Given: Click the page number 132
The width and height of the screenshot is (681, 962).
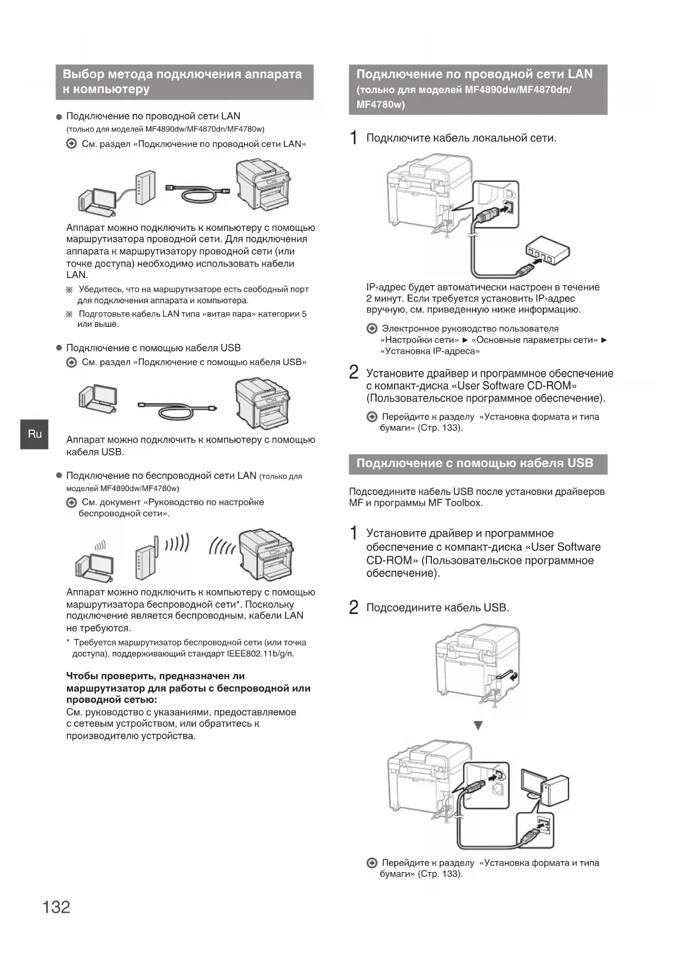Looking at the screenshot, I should click(57, 907).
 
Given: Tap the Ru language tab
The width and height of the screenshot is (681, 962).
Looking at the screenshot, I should click(35, 434).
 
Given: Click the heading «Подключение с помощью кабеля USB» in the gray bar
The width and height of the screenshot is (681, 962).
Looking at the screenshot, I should click(475, 463).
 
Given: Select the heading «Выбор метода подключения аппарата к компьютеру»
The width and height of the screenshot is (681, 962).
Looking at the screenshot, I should click(183, 82).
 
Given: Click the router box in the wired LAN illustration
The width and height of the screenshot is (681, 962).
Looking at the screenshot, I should click(145, 188).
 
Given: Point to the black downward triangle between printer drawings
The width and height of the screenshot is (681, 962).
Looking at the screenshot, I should click(478, 726).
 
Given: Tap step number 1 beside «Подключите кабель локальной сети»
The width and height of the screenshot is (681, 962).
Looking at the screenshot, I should click(354, 138).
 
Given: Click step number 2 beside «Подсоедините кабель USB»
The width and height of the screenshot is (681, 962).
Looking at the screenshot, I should click(354, 607).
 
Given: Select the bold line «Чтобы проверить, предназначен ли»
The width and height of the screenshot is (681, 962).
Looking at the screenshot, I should click(155, 676).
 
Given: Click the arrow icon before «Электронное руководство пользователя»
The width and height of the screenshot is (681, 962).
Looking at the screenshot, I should click(372, 329).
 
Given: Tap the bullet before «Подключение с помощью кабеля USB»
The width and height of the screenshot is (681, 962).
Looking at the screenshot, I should click(59, 348).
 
